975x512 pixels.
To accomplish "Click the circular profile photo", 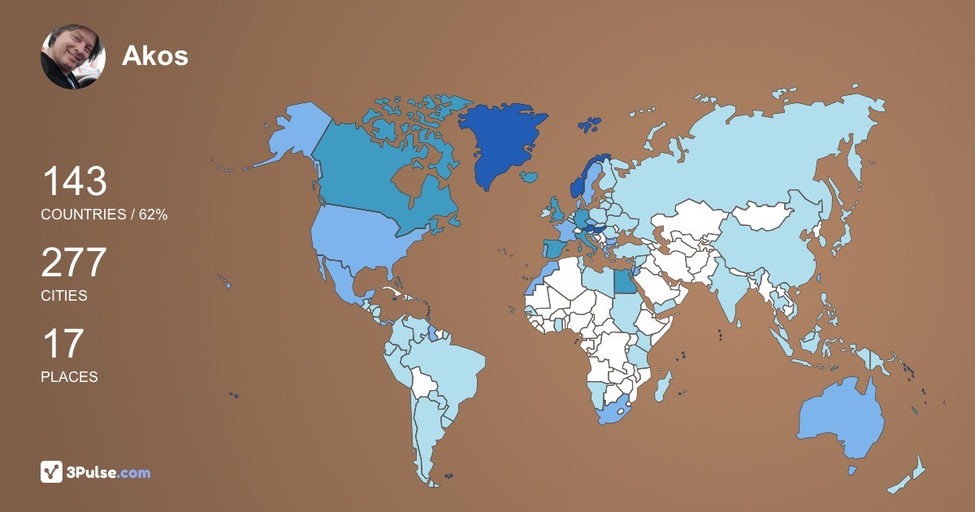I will coord(73,56).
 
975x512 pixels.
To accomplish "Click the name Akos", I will coord(154,55).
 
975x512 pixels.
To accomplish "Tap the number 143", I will coord(74,181).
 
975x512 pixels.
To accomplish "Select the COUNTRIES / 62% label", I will coord(104,215).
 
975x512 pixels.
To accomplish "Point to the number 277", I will coord(74,263).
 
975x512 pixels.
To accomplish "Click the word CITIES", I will coord(63,296).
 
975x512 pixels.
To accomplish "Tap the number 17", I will coord(63,344).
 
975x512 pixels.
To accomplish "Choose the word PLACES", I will coord(69,377).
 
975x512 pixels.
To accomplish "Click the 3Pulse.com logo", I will coord(95,472).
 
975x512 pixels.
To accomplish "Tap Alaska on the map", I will coord(292,134).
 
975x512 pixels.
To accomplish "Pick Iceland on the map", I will coord(531,176).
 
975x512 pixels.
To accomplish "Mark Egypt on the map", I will coord(624,281).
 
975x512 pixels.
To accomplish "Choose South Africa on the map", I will coord(616,411).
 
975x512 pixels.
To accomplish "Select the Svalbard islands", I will coord(589,125).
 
